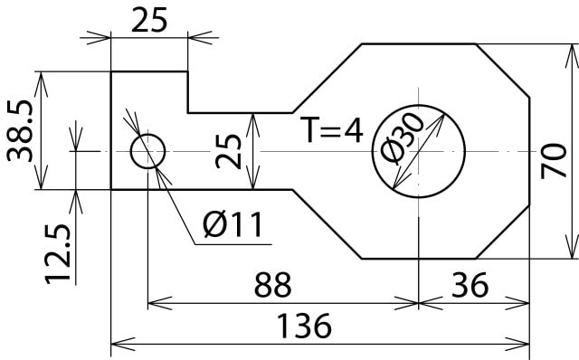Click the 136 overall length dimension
(x=304, y=326)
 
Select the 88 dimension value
(x=272, y=285)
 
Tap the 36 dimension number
(x=470, y=285)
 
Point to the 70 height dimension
(x=553, y=161)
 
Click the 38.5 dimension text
(x=20, y=131)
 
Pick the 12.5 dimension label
(x=58, y=254)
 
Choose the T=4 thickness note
(x=332, y=130)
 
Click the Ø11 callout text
(x=233, y=224)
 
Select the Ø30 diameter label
(x=403, y=137)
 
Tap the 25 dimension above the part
(x=149, y=20)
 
